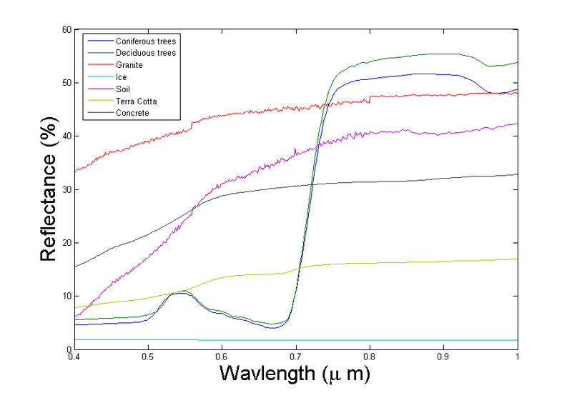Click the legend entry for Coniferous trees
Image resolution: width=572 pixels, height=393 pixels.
coord(145,41)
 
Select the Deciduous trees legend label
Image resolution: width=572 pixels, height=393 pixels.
coord(145,53)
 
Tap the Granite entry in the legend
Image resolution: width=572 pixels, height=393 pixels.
coord(129,65)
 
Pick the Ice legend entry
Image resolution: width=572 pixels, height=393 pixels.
coord(122,77)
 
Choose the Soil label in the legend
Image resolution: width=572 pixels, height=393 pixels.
coord(124,89)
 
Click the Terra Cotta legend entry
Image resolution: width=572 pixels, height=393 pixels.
coord(136,101)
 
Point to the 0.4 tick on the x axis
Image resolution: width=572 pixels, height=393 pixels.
coord(74,356)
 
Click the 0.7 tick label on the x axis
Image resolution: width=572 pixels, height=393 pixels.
coord(295,356)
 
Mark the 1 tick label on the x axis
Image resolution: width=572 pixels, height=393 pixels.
coord(517,356)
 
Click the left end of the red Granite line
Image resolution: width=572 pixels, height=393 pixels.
coord(74,171)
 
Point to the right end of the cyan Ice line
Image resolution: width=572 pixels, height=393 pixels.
coord(517,340)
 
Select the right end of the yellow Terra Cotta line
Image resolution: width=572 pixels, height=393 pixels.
coord(517,259)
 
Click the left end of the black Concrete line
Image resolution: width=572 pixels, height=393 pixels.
coord(74,267)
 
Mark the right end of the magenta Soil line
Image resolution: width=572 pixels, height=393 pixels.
coord(517,124)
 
